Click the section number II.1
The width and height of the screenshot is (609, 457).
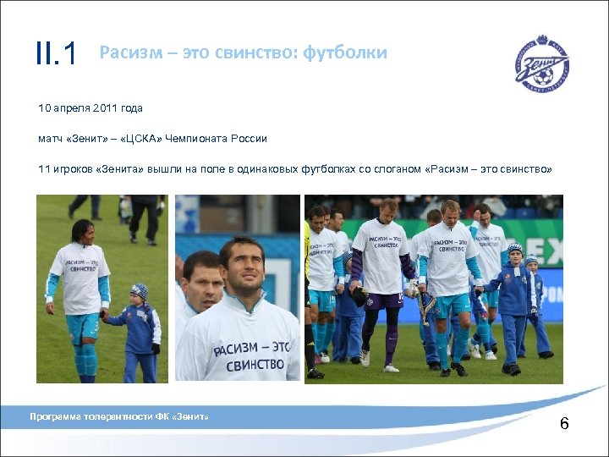click(56, 54)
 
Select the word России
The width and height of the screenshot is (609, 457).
click(268, 139)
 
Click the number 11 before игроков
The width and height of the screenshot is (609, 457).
click(43, 169)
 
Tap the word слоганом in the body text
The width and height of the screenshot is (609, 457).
click(399, 169)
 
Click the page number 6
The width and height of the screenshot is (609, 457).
click(564, 422)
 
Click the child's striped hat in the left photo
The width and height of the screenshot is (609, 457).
click(140, 291)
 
